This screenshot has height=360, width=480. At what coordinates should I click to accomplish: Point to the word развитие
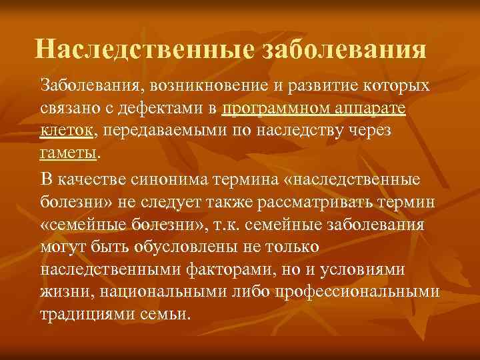click(323, 86)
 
